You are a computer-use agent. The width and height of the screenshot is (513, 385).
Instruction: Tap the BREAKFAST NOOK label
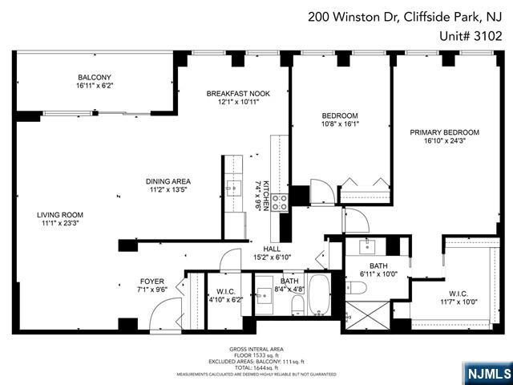238,93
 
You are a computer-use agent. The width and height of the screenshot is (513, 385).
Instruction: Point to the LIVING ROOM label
59,215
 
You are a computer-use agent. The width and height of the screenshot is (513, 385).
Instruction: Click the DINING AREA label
168,181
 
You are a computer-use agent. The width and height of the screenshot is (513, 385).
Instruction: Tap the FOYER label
152,282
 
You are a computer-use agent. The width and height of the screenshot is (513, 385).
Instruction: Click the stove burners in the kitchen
280,203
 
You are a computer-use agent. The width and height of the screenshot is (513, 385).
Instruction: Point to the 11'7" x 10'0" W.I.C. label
458,298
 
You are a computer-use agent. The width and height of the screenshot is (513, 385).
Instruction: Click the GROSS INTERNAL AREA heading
256,351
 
